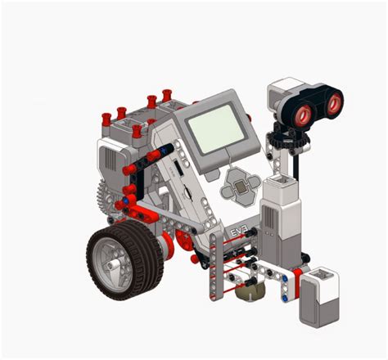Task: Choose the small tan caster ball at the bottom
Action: tap(249, 289)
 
